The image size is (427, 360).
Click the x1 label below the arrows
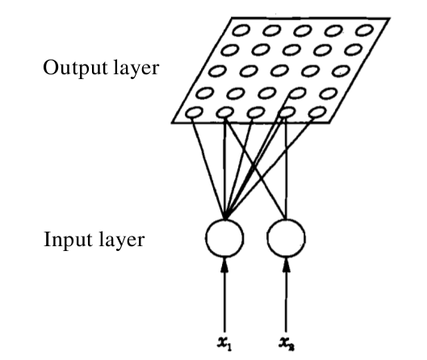coord(224,344)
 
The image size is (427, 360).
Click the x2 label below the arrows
coord(287,344)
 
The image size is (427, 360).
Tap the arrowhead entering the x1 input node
coord(224,265)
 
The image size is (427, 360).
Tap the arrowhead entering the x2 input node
coord(287,265)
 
